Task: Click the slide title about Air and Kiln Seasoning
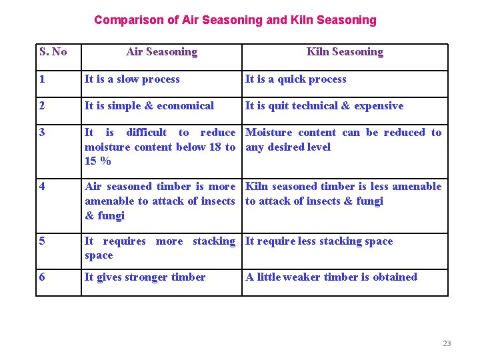coord(235,20)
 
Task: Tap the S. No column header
coord(53,52)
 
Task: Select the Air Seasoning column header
coord(161,52)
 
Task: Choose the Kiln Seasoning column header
coord(345,52)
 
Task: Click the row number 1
coord(43,79)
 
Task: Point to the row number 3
coord(43,133)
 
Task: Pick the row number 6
coord(43,277)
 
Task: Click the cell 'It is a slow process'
coord(132,79)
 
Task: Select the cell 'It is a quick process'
coord(295,79)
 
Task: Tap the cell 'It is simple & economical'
coord(149,106)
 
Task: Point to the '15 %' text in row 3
coord(97,161)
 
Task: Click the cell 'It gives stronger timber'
coord(145,277)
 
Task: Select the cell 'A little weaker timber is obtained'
coord(331,277)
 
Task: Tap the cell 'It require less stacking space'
coord(319,241)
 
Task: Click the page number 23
coord(447,343)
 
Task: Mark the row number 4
coord(43,187)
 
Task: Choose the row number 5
coord(43,241)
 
